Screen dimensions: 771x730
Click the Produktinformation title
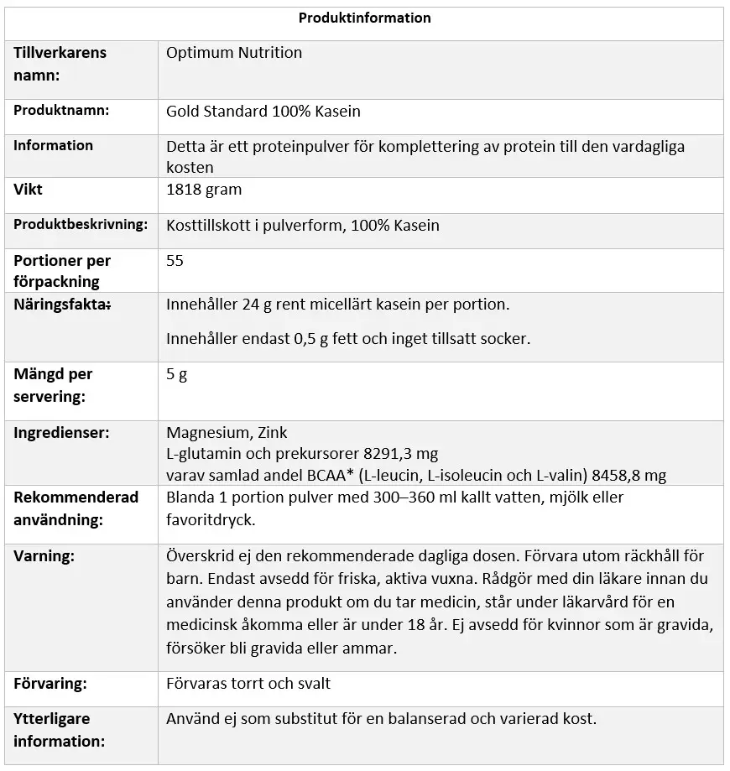(x=364, y=18)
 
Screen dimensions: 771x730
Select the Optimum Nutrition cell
(x=234, y=53)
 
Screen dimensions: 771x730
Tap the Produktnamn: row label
(x=61, y=110)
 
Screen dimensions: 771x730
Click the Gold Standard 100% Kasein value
(x=263, y=111)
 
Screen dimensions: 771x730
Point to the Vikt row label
(x=28, y=190)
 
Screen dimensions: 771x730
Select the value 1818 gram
(x=204, y=190)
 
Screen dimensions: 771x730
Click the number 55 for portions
(x=175, y=261)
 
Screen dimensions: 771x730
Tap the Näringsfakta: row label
(x=62, y=305)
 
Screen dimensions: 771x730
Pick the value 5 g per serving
(x=176, y=374)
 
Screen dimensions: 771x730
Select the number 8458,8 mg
(x=628, y=476)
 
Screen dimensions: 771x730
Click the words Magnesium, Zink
(x=227, y=433)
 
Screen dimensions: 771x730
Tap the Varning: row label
(x=44, y=555)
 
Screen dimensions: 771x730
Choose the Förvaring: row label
(x=50, y=684)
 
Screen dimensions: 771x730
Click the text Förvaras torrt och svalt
(x=248, y=684)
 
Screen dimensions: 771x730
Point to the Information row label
(x=53, y=145)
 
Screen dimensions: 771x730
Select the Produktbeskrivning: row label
(x=81, y=224)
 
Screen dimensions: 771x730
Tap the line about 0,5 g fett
(x=348, y=339)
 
